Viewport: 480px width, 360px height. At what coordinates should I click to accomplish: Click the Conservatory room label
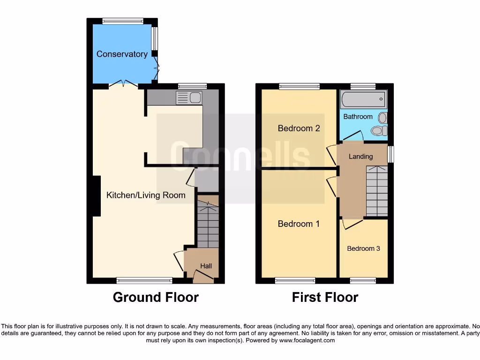coord(122,54)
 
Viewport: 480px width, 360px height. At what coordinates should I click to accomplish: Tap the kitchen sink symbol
coord(188,98)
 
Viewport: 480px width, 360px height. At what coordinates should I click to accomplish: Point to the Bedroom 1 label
coord(299,224)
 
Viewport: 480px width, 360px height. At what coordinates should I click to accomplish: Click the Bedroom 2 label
coord(299,128)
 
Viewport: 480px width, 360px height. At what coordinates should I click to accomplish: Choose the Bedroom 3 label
coord(363,248)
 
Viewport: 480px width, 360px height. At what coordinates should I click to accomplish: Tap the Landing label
coord(361,157)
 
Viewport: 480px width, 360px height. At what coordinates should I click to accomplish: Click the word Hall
coord(206,266)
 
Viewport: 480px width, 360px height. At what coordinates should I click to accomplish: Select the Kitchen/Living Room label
coord(146,195)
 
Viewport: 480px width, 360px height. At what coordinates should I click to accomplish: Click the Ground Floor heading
coord(156,297)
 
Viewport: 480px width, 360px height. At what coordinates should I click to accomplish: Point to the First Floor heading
coord(325,297)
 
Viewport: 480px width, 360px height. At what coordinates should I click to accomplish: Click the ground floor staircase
coord(207,223)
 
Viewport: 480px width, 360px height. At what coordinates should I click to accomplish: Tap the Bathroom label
coord(358,117)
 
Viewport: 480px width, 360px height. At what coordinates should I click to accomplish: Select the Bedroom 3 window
coord(363,280)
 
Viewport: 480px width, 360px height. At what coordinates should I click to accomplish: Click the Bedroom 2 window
coord(299,86)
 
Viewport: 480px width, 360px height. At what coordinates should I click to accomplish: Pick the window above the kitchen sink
coord(192,86)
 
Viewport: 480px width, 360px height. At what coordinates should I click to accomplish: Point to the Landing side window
coord(390,154)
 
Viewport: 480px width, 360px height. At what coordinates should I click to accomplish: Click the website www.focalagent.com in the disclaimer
coord(307,341)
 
